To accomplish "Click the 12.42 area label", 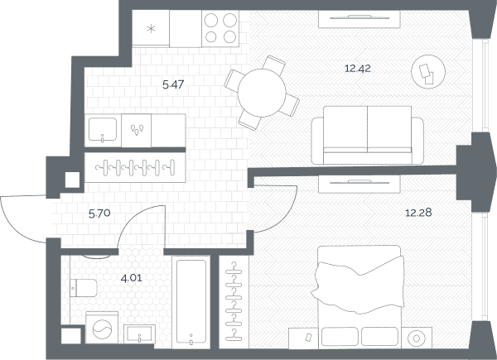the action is click(358, 69).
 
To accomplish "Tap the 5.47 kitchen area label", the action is click(173, 84).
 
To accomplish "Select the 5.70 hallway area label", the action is click(99, 214).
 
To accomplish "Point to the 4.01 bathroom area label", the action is click(132, 278).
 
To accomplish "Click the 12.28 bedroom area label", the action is click(418, 213).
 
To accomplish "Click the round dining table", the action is click(262, 93).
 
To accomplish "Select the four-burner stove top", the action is click(220, 29).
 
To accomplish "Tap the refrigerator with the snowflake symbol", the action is click(151, 28).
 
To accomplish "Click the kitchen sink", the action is click(103, 129).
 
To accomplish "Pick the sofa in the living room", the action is click(367, 135).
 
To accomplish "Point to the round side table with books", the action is click(428, 71).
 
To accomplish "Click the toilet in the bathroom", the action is click(84, 288).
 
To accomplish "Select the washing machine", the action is click(102, 328).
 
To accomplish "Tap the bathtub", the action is click(191, 302).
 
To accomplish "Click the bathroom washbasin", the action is click(139, 334).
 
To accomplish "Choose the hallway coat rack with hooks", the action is click(135, 167).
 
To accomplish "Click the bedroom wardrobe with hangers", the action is click(234, 302).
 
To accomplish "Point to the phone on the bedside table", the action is click(308, 338).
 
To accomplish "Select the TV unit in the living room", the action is click(359, 19).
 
